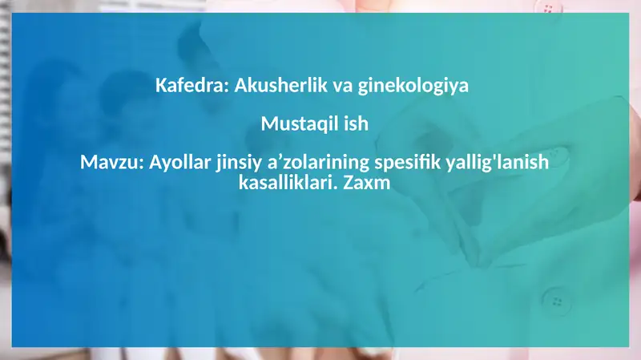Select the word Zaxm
(366, 183)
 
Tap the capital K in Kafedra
(160, 85)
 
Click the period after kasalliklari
(335, 188)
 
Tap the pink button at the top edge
(548, 7)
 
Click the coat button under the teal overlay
(556, 300)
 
